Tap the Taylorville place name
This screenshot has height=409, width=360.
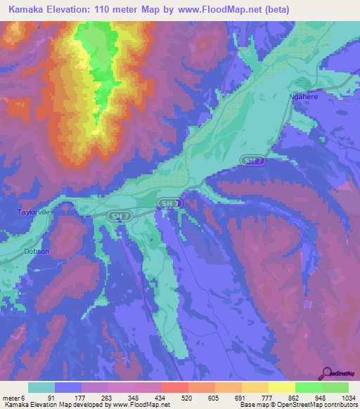click(33, 212)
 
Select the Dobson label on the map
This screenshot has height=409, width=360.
click(37, 251)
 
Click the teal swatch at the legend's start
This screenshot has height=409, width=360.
click(41, 388)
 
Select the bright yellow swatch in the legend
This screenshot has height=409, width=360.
click(281, 388)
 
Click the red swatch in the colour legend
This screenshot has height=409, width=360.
click(174, 388)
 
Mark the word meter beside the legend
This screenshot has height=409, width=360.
click(11, 398)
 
